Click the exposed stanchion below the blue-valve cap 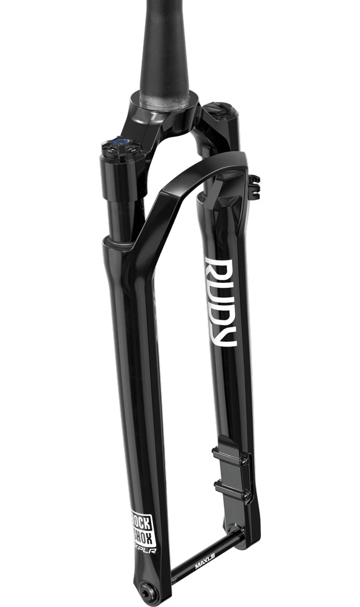(124, 212)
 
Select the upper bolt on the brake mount (244, 460)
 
